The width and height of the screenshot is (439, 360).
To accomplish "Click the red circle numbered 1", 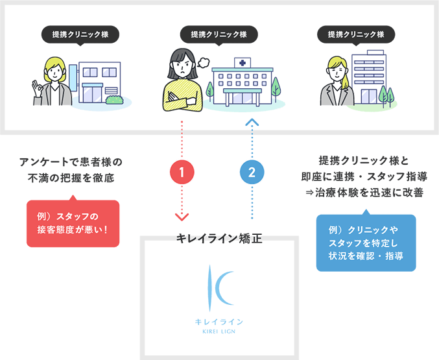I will [x=182, y=173].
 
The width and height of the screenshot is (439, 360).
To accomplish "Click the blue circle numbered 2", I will [x=252, y=173].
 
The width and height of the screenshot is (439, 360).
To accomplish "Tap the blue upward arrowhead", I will [x=252, y=121].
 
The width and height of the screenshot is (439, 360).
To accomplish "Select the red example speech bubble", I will [x=73, y=222].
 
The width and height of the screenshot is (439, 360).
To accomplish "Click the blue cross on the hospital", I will [x=243, y=64].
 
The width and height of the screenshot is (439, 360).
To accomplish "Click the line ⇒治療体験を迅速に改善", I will [x=366, y=193].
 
